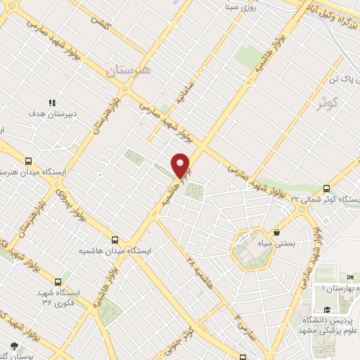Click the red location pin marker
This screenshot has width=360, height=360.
pyautogui.click(x=181, y=165)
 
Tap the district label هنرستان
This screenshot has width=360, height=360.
pyautogui.click(x=129, y=71)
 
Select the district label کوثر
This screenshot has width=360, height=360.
pyautogui.click(x=332, y=104)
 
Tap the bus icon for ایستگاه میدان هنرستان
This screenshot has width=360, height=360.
pyautogui.click(x=29, y=160)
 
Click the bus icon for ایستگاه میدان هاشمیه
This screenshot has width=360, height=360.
pyautogui.click(x=115, y=239)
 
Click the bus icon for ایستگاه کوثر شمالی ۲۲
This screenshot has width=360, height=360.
pyautogui.click(x=326, y=188)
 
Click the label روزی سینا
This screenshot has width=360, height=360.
pyautogui.click(x=233, y=8)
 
